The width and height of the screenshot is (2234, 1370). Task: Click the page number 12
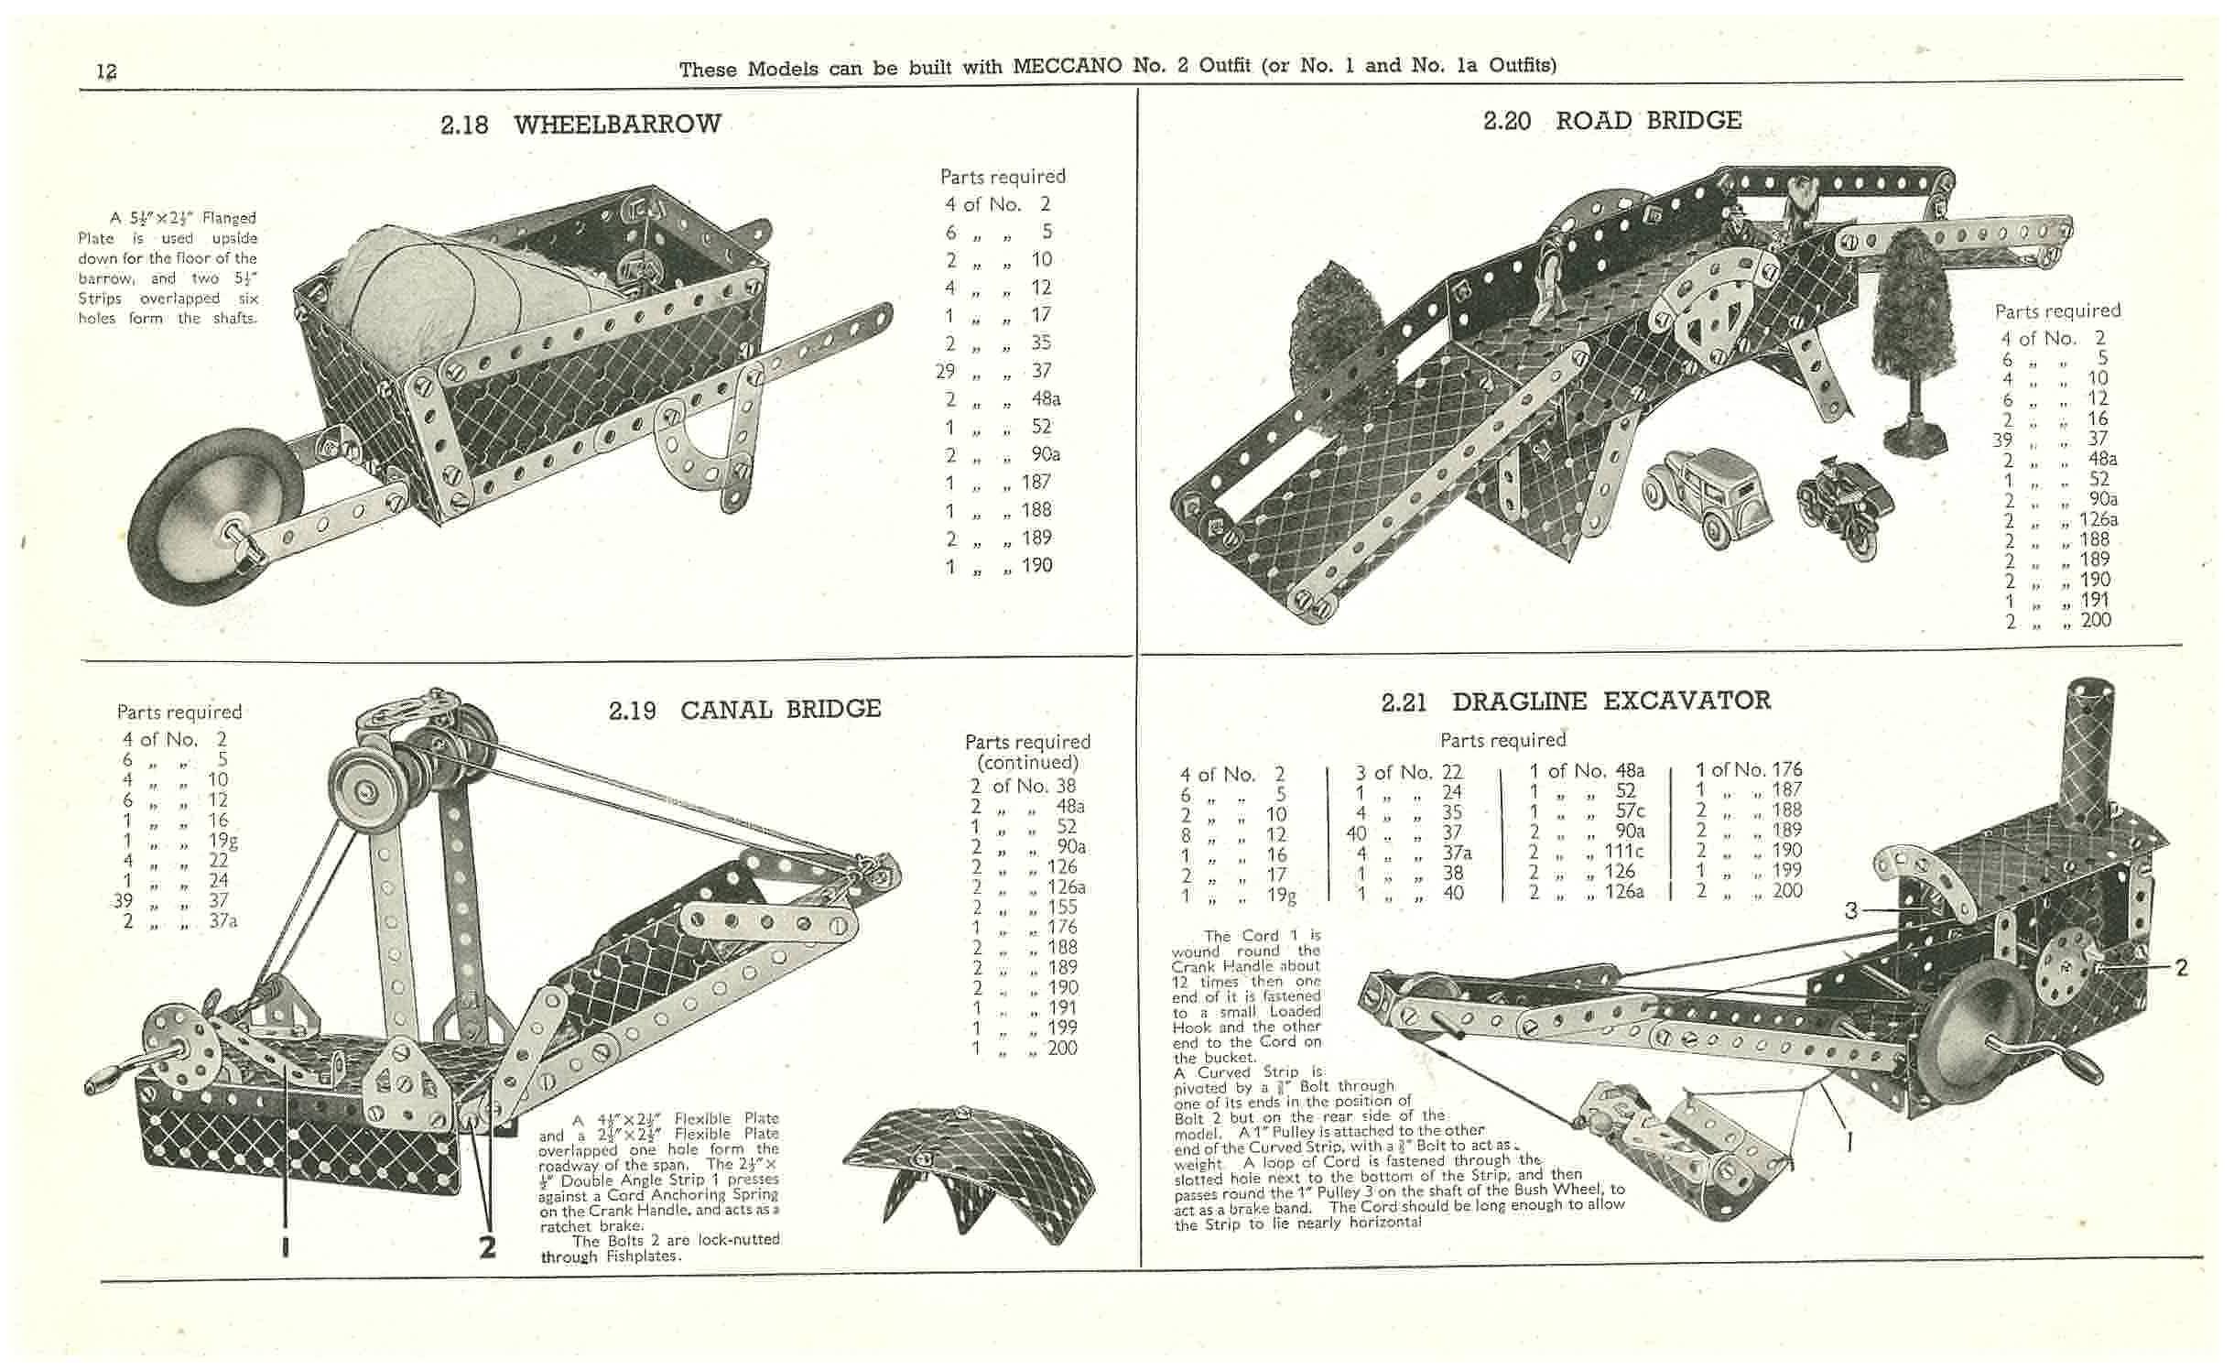click(x=107, y=71)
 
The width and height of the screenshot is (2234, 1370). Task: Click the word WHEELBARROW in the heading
click(x=617, y=125)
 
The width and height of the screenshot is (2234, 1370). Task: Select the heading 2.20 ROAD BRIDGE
click(x=1611, y=121)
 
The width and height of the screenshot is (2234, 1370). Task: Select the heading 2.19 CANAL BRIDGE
click(x=743, y=710)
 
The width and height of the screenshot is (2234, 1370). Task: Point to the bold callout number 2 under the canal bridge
click(x=487, y=1246)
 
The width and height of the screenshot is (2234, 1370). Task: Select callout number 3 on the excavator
click(x=1851, y=910)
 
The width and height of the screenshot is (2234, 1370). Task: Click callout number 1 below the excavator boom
click(x=1849, y=1141)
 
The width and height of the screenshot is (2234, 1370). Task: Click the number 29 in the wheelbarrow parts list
click(x=946, y=371)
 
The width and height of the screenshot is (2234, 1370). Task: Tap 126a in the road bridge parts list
click(x=2098, y=519)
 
